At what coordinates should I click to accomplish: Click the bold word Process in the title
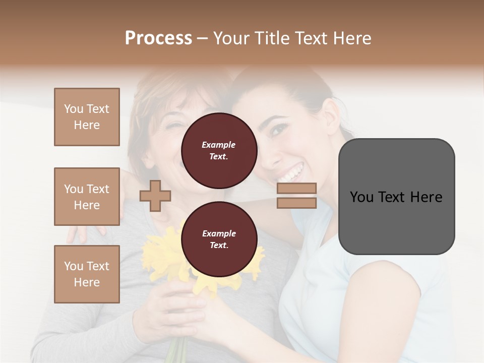[158, 38]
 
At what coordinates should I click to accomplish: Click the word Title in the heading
[274, 38]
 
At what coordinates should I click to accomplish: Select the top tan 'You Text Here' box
[87, 117]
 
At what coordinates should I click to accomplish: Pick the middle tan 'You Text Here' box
[87, 197]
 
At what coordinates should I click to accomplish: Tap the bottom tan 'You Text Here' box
[87, 274]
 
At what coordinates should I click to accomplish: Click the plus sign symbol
[155, 196]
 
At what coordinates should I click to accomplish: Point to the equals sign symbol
[297, 196]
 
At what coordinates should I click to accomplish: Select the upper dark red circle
[219, 150]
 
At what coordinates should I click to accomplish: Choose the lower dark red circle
[219, 239]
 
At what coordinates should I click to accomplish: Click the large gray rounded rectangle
[396, 197]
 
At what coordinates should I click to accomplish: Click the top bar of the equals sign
[297, 189]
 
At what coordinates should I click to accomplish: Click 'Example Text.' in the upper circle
[219, 150]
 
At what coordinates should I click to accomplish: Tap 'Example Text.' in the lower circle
[219, 239]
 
